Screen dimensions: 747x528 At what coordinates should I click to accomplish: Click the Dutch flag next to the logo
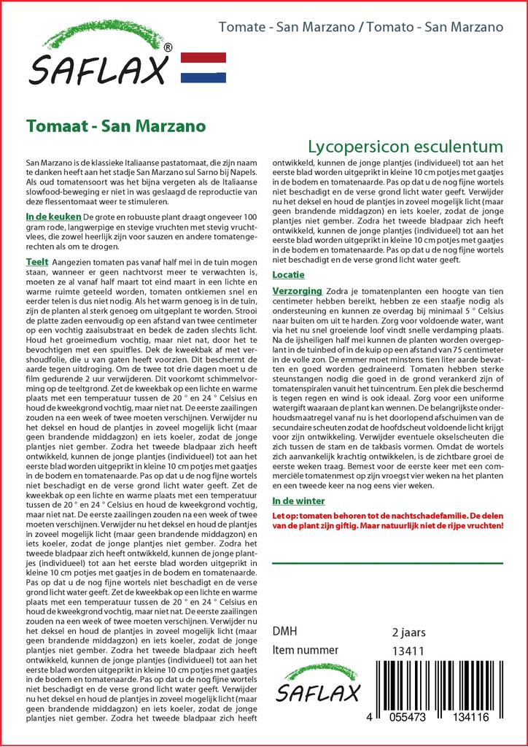coord(203,67)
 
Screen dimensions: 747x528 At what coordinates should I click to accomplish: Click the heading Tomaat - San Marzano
coord(115,125)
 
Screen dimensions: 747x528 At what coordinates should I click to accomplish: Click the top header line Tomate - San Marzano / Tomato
coord(361,28)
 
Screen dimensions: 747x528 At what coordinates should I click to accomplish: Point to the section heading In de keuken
coord(54,217)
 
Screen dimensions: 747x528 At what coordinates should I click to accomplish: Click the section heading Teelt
coord(36,262)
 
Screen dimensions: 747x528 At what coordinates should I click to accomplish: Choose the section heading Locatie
coord(288,274)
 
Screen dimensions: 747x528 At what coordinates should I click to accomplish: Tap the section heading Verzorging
coord(297,290)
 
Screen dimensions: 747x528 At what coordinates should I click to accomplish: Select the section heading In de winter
coord(298,501)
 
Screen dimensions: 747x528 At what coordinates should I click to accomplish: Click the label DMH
coord(284,631)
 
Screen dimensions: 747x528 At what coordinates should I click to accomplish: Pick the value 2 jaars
coord(408,632)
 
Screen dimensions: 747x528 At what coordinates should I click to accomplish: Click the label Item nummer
coord(305,650)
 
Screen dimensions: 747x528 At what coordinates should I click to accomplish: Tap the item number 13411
coord(408,651)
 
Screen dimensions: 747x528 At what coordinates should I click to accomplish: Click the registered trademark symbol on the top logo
coord(168,47)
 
